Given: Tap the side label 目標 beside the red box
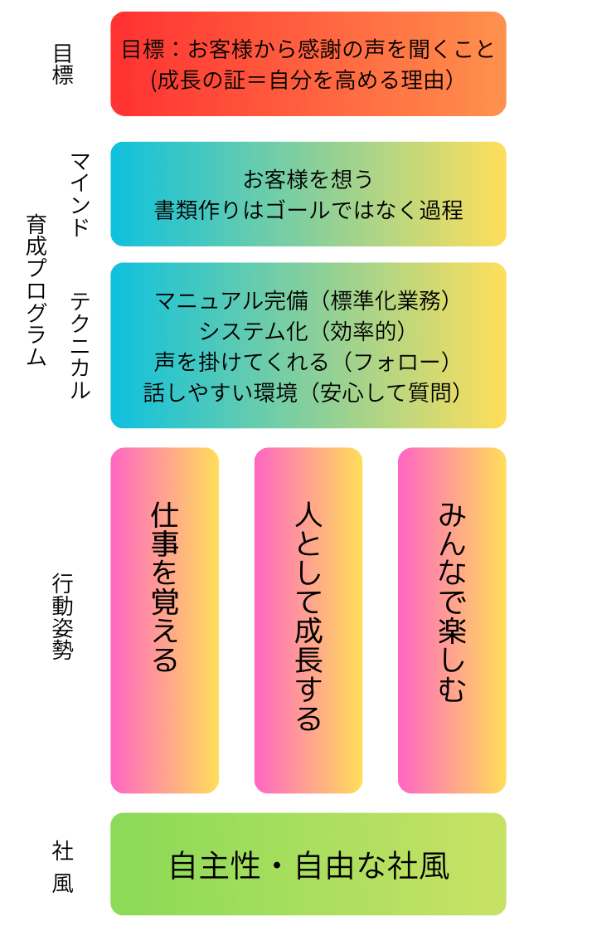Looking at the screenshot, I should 63,64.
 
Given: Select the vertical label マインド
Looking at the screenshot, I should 80,194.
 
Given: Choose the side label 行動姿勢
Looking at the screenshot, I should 63,616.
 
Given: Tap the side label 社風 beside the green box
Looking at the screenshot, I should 63,866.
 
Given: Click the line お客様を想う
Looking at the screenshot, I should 308,179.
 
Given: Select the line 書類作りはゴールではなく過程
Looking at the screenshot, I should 308,210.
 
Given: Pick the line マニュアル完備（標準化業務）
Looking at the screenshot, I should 308,300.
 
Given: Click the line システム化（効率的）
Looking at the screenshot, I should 308,330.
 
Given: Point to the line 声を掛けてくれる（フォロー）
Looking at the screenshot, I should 308,361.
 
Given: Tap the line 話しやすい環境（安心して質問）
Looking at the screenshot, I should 308,392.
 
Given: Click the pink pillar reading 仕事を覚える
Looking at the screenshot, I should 164,620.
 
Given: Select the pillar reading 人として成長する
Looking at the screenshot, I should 308,620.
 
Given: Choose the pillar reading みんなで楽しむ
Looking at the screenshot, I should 452,620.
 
